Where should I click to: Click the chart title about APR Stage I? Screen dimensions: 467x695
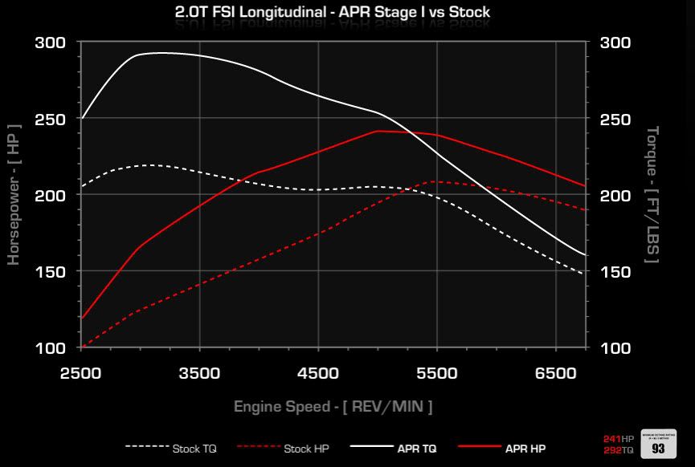pyautogui.click(x=332, y=12)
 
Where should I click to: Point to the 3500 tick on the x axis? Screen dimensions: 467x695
pyautogui.click(x=199, y=373)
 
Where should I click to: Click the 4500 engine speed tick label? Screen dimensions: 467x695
pyautogui.click(x=318, y=373)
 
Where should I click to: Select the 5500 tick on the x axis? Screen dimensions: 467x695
pyautogui.click(x=437, y=373)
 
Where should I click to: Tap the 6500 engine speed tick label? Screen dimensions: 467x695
pyautogui.click(x=555, y=373)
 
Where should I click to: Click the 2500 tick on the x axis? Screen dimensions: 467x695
pyautogui.click(x=81, y=373)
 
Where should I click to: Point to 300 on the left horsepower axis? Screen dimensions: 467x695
pyautogui.click(x=51, y=43)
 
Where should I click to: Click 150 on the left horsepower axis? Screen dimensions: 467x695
pyautogui.click(x=51, y=272)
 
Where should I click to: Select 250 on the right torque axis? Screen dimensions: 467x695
pyautogui.click(x=615, y=120)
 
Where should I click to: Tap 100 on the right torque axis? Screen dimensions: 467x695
pyautogui.click(x=615, y=348)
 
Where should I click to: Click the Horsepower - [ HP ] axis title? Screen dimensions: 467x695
pyautogui.click(x=14, y=194)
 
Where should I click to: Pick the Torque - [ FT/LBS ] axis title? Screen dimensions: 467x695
pyautogui.click(x=652, y=194)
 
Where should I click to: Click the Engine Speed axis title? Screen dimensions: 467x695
pyautogui.click(x=333, y=407)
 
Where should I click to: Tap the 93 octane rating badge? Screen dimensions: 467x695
pyautogui.click(x=659, y=446)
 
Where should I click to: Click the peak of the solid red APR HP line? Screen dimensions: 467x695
pyautogui.click(x=378, y=131)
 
